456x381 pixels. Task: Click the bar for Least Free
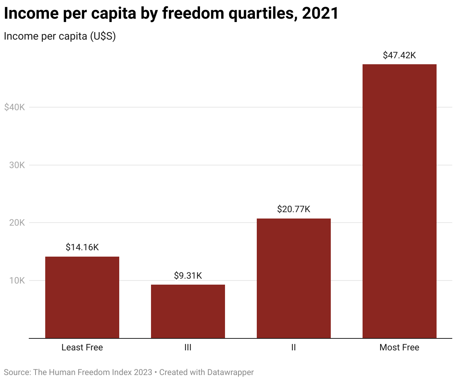(x=82, y=297)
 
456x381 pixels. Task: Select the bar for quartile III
(x=188, y=312)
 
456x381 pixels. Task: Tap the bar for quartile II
(x=294, y=278)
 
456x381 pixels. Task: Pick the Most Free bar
(x=400, y=201)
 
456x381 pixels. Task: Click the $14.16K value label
(x=82, y=247)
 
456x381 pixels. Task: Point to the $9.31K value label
(x=188, y=276)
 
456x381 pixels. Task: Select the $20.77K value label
(x=294, y=209)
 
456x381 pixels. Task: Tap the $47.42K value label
(x=400, y=55)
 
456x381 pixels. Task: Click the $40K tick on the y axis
(x=15, y=107)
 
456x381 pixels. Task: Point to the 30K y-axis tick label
(x=17, y=165)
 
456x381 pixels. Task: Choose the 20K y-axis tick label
(x=17, y=223)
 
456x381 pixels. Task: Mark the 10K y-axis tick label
(x=17, y=281)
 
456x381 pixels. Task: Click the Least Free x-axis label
(x=82, y=347)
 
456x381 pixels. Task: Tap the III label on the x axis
(x=188, y=347)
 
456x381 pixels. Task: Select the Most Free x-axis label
(x=400, y=347)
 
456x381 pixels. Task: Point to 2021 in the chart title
(x=320, y=13)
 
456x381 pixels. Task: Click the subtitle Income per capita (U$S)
(x=60, y=36)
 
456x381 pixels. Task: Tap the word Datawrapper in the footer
(x=230, y=372)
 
